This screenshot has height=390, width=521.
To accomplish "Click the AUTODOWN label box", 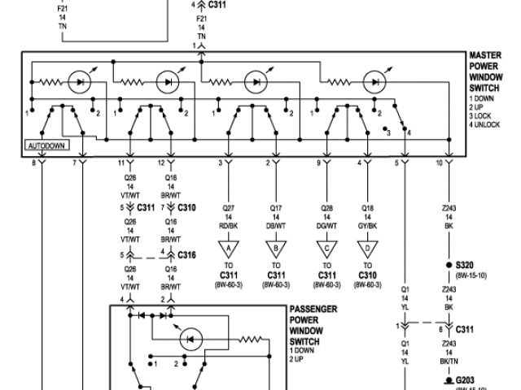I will pos(46,147).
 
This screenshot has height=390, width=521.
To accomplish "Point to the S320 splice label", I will pos(465,265).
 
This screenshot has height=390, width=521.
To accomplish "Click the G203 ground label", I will pos(466,379).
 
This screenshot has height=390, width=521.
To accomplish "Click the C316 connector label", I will pos(187,254).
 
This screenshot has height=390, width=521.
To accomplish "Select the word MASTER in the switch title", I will pos(484,57).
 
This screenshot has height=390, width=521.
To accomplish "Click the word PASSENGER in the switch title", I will pos(313,310).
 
